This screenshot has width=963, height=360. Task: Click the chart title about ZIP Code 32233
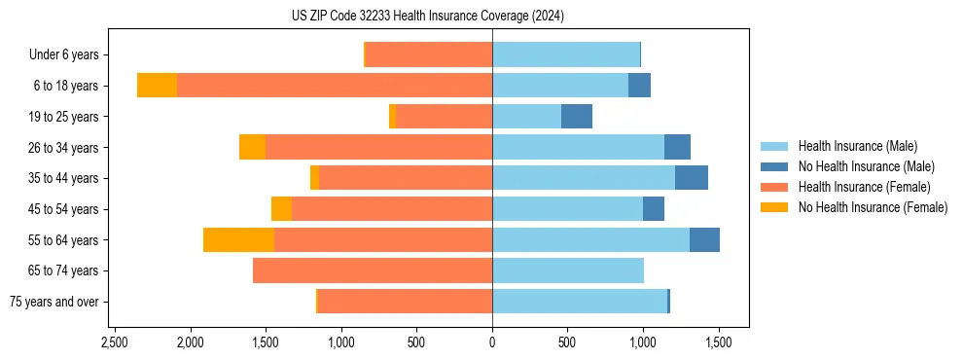click(427, 17)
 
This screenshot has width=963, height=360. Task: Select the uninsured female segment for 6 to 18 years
click(157, 86)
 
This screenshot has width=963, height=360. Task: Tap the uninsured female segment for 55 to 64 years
click(238, 239)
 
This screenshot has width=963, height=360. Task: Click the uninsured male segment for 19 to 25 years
click(577, 117)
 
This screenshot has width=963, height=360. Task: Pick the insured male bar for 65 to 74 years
click(568, 270)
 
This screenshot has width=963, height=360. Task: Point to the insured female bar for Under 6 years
click(429, 54)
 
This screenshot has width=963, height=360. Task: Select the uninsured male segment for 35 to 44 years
click(692, 178)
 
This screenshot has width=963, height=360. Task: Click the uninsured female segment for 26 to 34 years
click(252, 147)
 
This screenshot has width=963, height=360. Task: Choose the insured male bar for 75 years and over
click(580, 302)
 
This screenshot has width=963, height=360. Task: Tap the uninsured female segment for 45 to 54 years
click(281, 209)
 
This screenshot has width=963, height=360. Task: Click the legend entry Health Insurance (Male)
click(857, 146)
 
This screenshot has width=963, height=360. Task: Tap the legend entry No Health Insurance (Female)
click(873, 207)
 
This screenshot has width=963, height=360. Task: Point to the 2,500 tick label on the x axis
click(114, 343)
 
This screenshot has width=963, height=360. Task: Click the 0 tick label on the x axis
click(492, 343)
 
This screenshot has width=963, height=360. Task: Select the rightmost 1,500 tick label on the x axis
click(719, 343)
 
